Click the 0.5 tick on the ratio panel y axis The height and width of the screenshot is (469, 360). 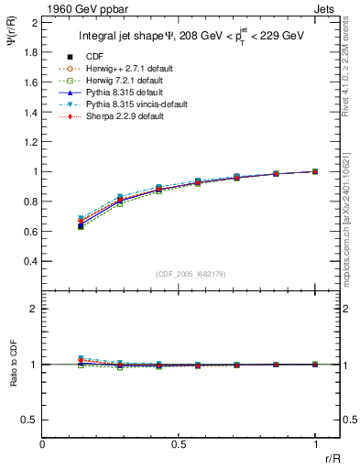31,420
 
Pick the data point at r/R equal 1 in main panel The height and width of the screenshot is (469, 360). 315,171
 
